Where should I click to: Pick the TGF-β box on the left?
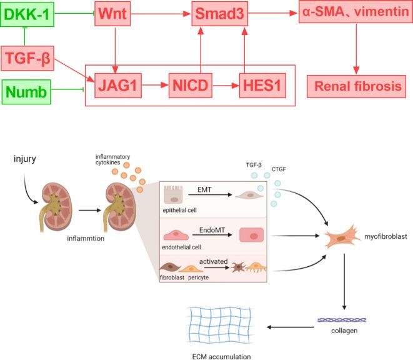tap(26, 60)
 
